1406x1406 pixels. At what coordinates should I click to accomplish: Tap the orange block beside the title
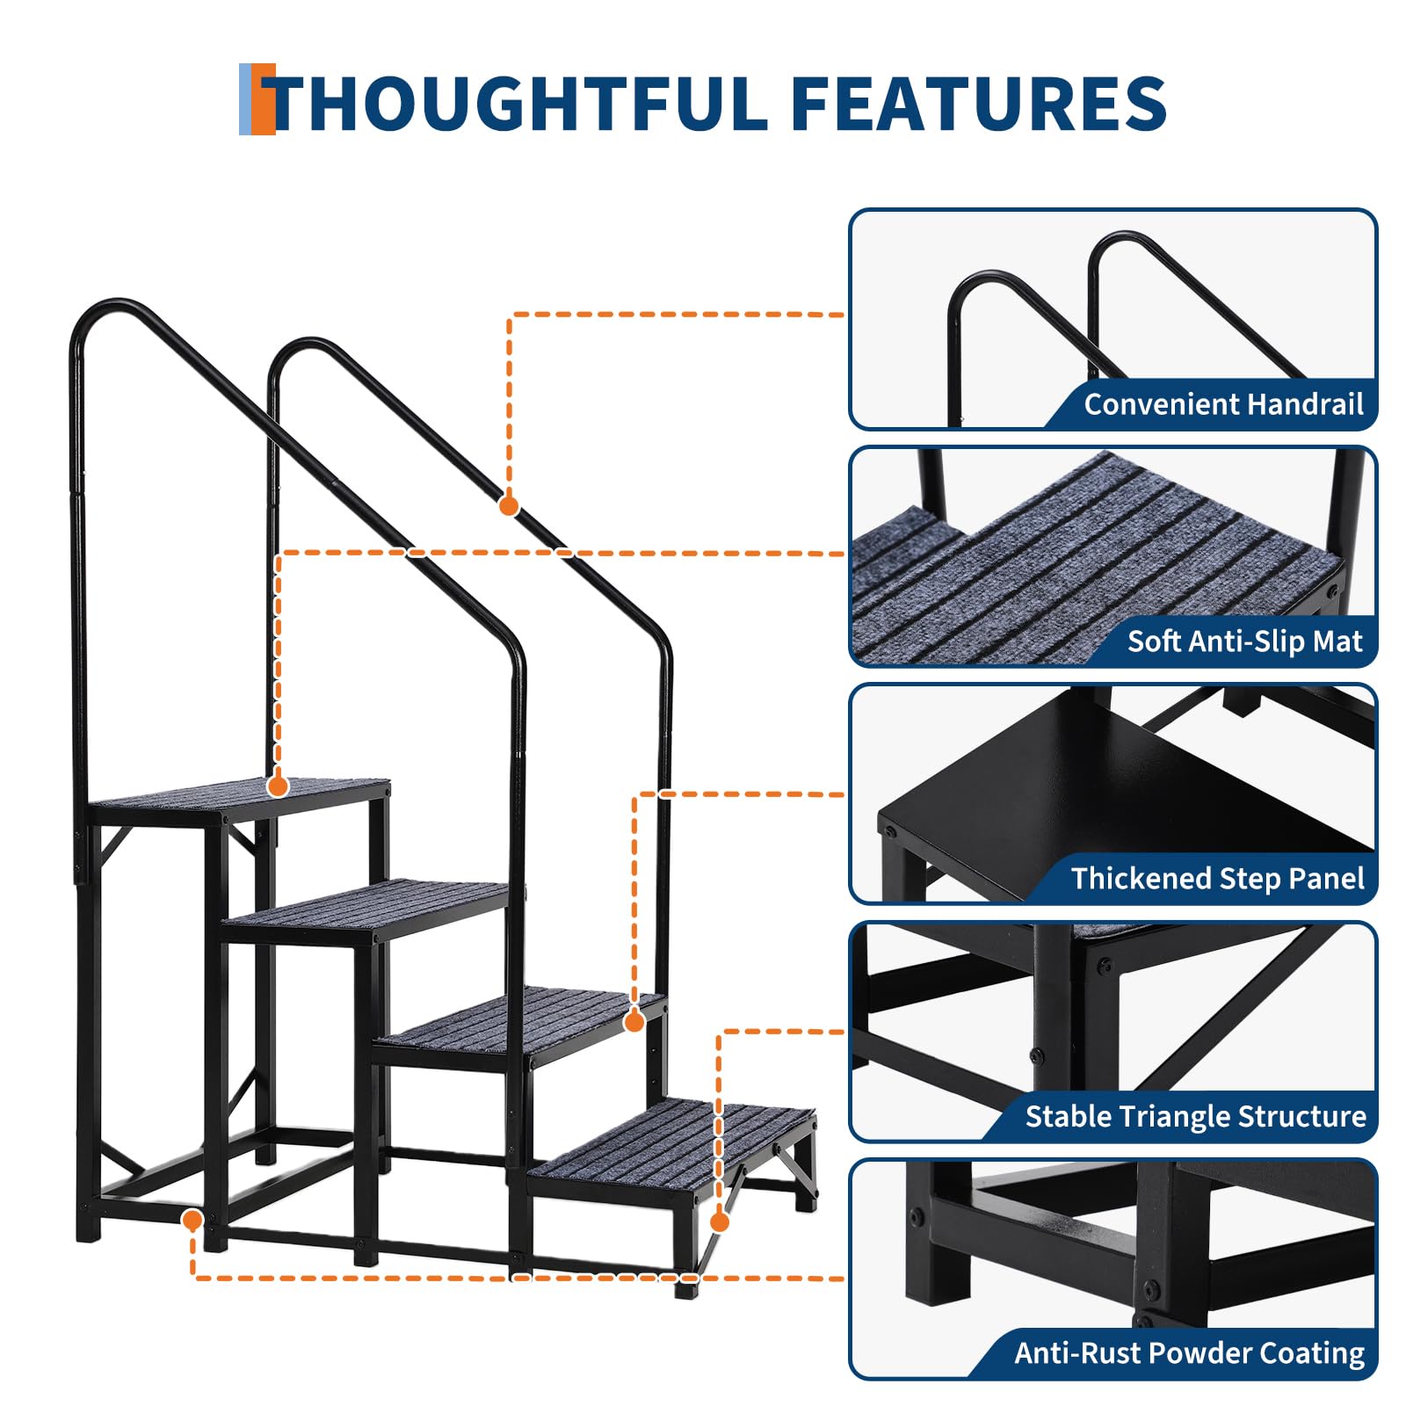coord(263,99)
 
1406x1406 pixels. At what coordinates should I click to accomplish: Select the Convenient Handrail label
coord(1223,404)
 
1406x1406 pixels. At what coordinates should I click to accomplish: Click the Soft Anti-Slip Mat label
coord(1245,641)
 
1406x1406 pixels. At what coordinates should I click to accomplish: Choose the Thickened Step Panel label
coord(1217,879)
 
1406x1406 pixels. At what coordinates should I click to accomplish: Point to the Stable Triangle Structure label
coord(1195,1116)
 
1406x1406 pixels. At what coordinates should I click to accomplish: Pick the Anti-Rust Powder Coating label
coord(1190,1353)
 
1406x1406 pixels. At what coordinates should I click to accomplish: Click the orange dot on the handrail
coord(509,506)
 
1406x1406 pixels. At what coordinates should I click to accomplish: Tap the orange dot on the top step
coord(279,786)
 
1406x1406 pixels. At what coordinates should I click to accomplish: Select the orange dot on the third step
coord(634,1021)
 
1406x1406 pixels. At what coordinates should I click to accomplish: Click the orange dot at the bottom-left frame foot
coord(192,1220)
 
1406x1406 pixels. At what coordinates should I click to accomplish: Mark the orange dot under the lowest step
coord(720,1221)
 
